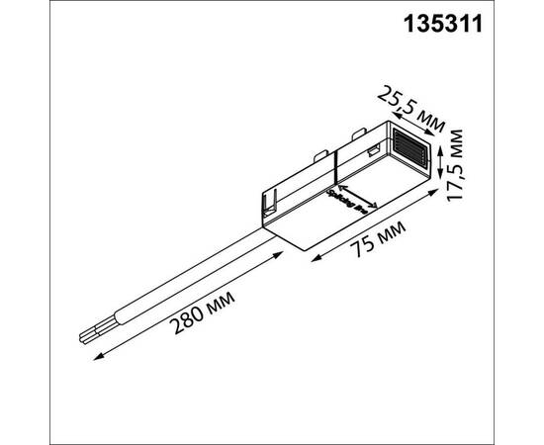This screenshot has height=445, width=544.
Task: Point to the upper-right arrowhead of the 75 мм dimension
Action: coord(435,199)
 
